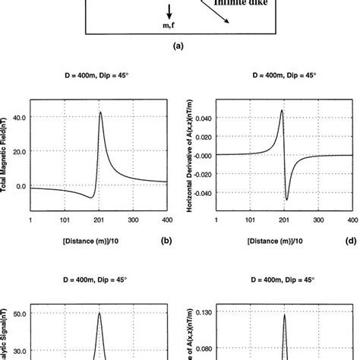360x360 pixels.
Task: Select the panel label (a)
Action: tap(179, 46)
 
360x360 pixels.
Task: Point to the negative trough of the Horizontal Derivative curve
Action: tap(287, 200)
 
